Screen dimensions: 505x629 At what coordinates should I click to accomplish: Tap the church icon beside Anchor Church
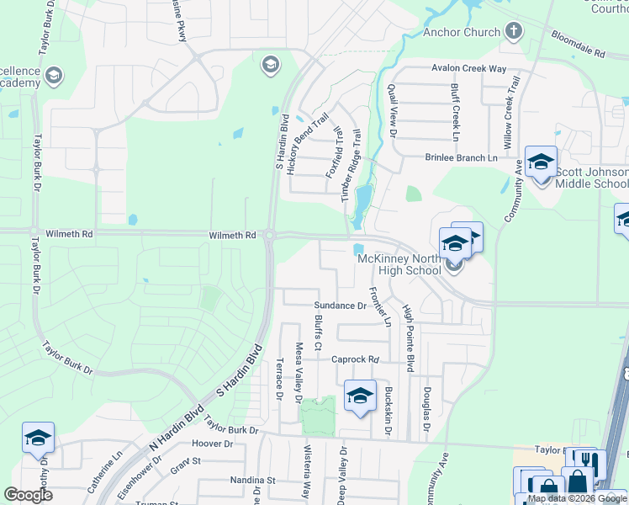click(x=514, y=33)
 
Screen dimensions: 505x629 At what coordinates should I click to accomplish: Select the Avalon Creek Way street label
click(x=469, y=68)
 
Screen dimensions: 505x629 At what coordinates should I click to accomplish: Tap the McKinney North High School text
click(x=399, y=264)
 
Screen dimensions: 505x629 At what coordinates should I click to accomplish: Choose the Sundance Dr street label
click(x=341, y=306)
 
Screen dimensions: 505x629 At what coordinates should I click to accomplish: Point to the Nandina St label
click(x=253, y=481)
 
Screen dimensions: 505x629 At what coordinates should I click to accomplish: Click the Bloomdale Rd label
click(x=579, y=45)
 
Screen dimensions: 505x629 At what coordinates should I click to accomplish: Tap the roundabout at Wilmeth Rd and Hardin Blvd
click(x=270, y=237)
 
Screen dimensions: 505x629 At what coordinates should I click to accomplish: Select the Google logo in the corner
click(x=28, y=495)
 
